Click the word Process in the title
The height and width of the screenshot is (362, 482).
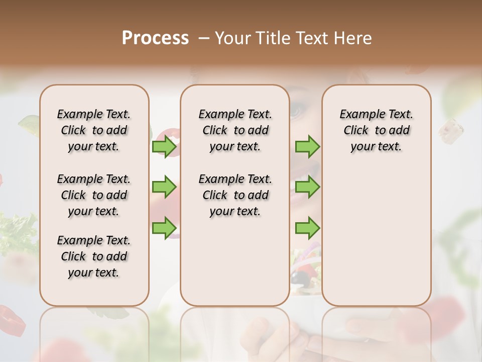click(155, 38)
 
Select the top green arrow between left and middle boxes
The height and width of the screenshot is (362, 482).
click(164, 147)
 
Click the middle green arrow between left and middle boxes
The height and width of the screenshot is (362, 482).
click(164, 187)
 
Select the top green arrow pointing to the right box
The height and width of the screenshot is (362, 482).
click(307, 147)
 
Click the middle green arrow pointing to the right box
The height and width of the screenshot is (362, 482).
click(307, 187)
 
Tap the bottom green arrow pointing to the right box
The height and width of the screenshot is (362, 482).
click(307, 228)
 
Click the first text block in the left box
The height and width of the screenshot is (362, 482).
click(94, 131)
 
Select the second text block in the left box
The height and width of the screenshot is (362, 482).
click(94, 195)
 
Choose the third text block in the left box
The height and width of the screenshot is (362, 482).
click(94, 256)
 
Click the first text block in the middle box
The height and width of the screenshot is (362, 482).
click(235, 131)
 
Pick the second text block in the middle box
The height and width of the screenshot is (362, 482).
click(235, 195)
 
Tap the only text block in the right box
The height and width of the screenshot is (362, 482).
click(377, 131)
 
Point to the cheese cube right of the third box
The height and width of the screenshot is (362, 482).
click(450, 129)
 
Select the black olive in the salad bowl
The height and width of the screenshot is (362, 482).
click(300, 277)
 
